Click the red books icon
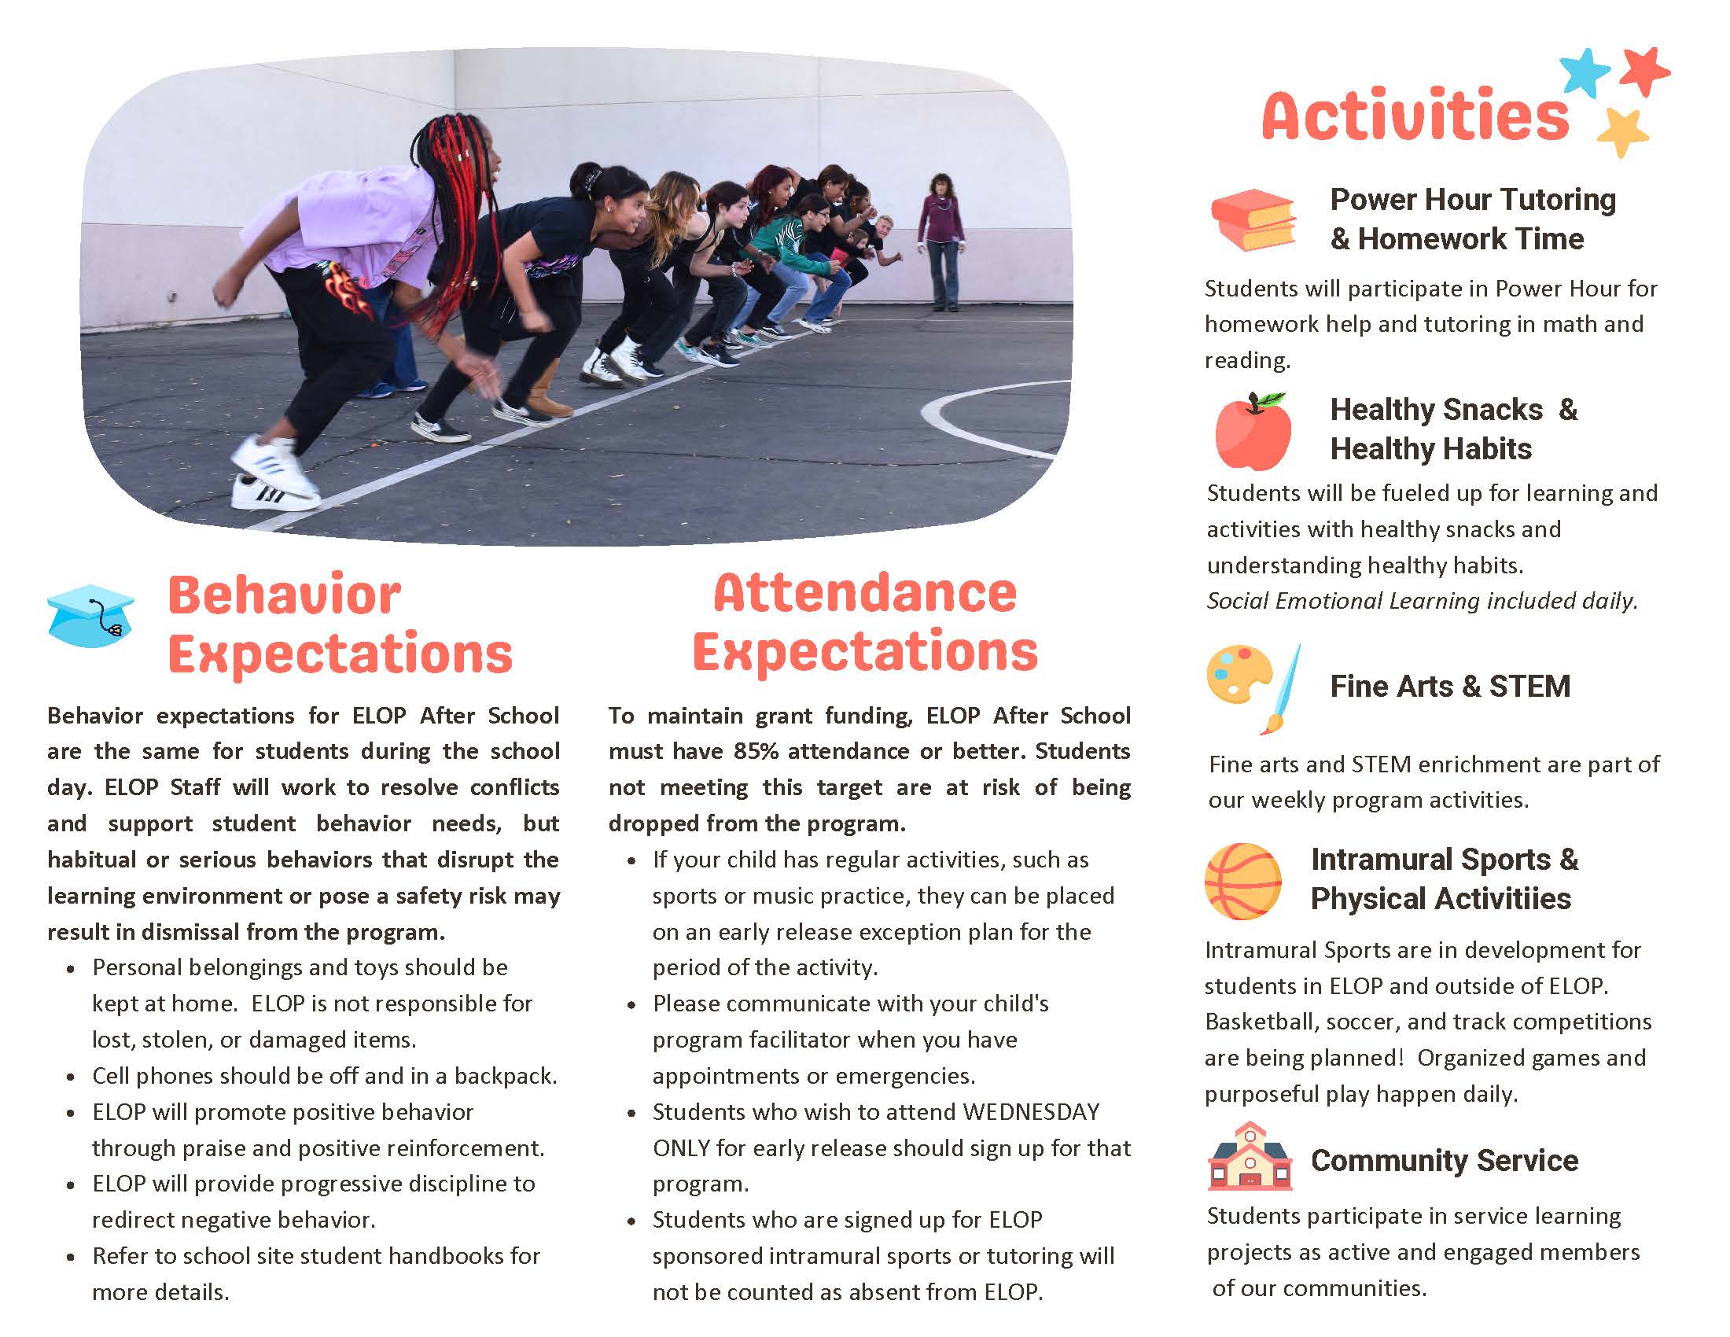(x=1253, y=219)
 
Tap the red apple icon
(x=1253, y=431)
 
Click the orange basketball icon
(x=1242, y=881)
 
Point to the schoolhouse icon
(x=1250, y=1155)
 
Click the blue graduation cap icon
(x=90, y=616)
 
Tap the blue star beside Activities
(x=1585, y=72)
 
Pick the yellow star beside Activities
(x=1622, y=132)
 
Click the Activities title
(x=1415, y=116)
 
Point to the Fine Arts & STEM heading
(x=1449, y=686)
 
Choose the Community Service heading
(x=1444, y=1160)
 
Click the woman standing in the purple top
(x=941, y=241)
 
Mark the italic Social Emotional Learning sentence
(x=1422, y=601)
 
